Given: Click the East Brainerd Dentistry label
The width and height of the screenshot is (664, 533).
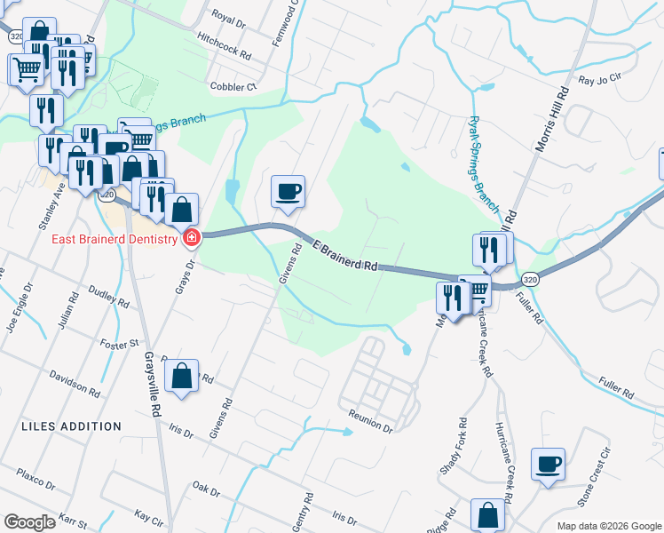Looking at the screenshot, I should tap(107, 238).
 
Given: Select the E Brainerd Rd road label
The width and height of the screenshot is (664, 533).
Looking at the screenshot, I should tap(346, 255).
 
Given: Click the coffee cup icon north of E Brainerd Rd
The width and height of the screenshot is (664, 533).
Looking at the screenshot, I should tap(287, 191).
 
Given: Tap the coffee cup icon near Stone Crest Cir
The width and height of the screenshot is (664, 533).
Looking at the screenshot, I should tap(548, 464).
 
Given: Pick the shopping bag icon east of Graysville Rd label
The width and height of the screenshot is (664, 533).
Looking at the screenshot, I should tap(181, 376).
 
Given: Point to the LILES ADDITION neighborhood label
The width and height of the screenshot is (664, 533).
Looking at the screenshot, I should tap(70, 426).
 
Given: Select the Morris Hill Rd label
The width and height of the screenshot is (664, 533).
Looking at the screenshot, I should tap(550, 120).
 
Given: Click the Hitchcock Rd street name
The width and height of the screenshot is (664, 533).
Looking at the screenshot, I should tap(224, 46).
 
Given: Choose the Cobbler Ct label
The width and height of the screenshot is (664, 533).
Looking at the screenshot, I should tap(233, 86).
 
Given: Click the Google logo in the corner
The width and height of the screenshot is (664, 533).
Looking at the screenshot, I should tap(29, 521).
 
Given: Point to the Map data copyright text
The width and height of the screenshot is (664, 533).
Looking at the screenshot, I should tap(609, 526).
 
